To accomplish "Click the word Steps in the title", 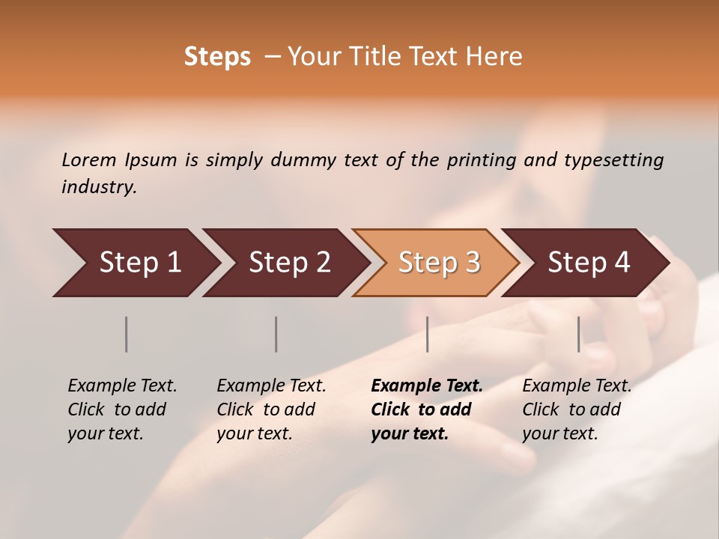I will pyautogui.click(x=217, y=57).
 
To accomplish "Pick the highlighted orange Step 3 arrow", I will pyautogui.click(x=439, y=263).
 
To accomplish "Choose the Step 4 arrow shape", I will pyautogui.click(x=589, y=263).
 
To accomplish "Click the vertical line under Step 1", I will pyautogui.click(x=127, y=334).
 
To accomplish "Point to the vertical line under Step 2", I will pyautogui.click(x=276, y=334).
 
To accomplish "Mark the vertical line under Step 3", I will pyautogui.click(x=428, y=334).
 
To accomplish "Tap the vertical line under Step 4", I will pyautogui.click(x=579, y=334).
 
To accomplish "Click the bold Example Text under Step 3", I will pyautogui.click(x=427, y=409).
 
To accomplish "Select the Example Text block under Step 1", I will pyautogui.click(x=122, y=409).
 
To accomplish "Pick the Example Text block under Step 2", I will pyautogui.click(x=271, y=409).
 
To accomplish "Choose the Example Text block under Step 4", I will pyautogui.click(x=577, y=409).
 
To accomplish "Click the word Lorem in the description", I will pyautogui.click(x=89, y=160).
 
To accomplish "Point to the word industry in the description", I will pyautogui.click(x=99, y=187).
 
